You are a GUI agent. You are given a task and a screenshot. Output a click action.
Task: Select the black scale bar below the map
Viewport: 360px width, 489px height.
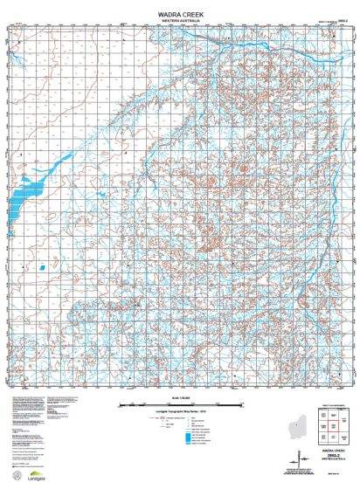point(179,405)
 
